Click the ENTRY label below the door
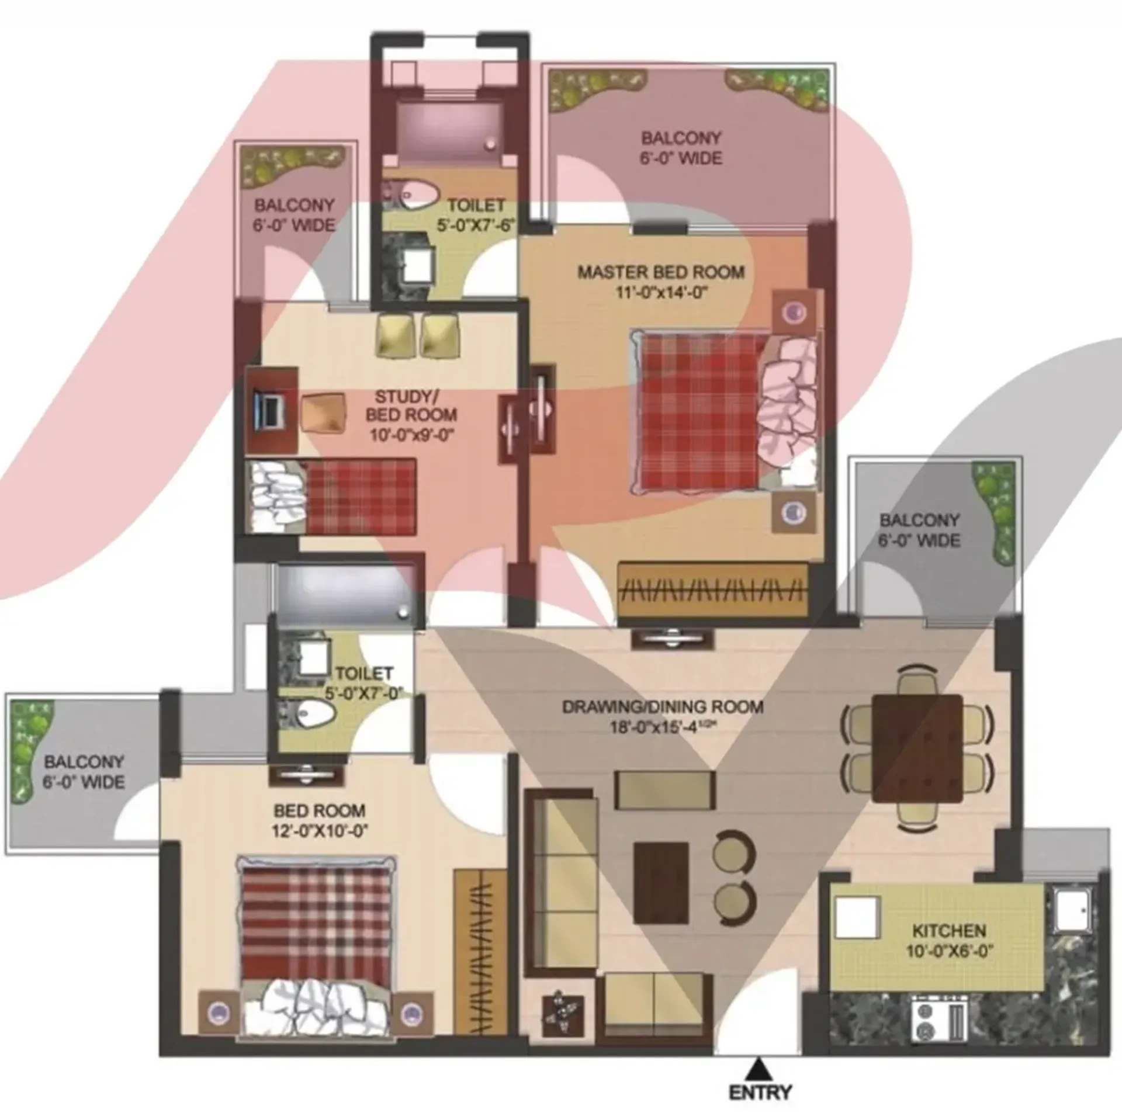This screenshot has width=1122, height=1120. (760, 1092)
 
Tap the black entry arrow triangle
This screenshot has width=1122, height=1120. (759, 1066)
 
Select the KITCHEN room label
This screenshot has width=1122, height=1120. (949, 930)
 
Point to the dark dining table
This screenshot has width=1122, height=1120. (916, 748)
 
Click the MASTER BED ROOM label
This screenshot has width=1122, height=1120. (661, 272)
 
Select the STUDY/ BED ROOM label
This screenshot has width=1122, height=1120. (411, 405)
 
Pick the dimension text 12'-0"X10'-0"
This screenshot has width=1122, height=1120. (320, 830)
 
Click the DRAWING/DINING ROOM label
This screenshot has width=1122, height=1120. (663, 707)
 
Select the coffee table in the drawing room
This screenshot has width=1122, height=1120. (661, 882)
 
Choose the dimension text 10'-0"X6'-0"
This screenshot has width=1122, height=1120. (949, 951)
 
